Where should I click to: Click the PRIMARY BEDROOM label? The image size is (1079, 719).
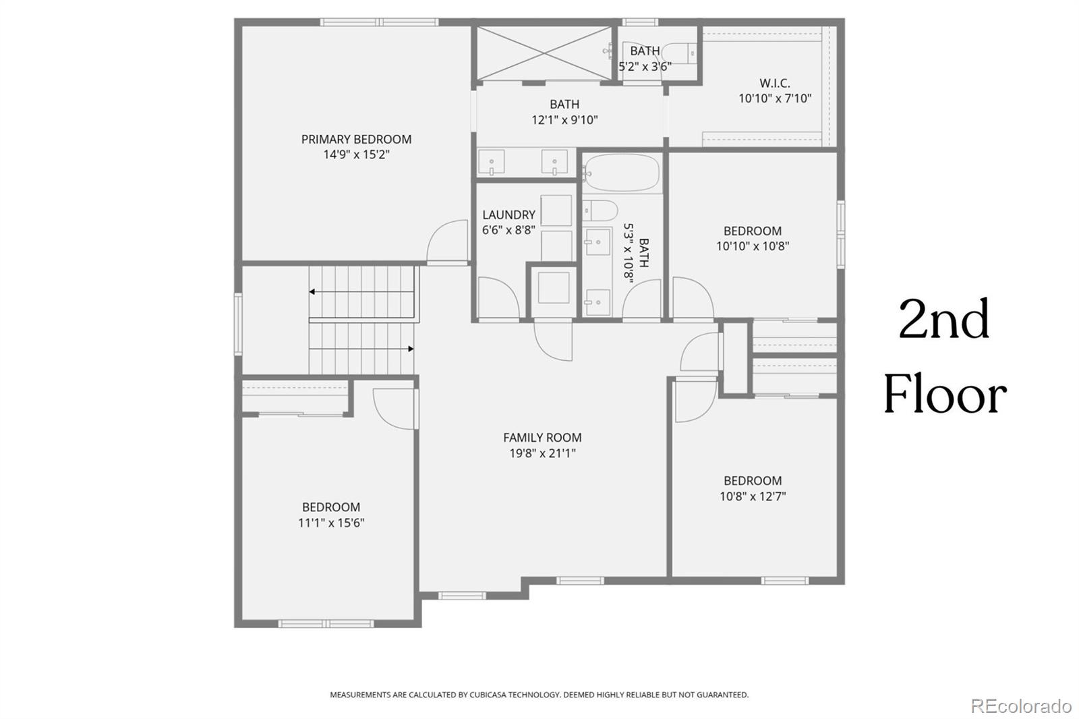[x=356, y=140]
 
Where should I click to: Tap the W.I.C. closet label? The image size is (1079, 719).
[x=774, y=84]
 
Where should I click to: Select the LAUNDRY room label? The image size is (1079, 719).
[x=508, y=214]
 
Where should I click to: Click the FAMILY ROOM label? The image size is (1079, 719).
[x=542, y=438]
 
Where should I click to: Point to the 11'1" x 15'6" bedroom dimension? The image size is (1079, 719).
[x=331, y=523]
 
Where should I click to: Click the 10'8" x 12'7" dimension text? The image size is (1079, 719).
[x=753, y=496]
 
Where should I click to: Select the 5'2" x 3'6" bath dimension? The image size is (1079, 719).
[x=645, y=67]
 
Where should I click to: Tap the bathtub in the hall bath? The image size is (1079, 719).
[x=621, y=173]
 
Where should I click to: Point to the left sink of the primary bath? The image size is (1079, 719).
[x=492, y=163]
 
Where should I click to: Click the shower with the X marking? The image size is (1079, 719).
[x=544, y=53]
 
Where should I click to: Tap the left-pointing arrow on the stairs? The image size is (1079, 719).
[x=313, y=292]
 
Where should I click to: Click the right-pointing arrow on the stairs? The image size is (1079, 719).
[x=410, y=349]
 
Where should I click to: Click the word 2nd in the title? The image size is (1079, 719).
[x=944, y=320]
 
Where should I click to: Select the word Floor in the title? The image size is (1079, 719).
[x=945, y=395]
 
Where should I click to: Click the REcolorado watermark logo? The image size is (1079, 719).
[x=1020, y=706]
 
